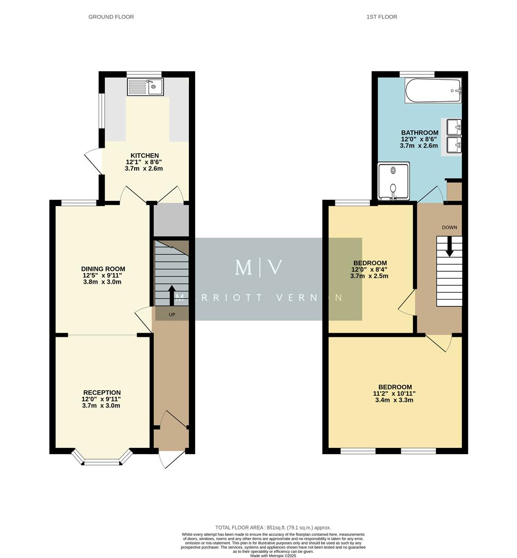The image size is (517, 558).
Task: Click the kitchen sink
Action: [x=146, y=87]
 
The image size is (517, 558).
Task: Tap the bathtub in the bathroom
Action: [x=433, y=90]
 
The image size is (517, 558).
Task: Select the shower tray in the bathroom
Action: [x=393, y=181]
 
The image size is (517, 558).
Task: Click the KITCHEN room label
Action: [x=144, y=156]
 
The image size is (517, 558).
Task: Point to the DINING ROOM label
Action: [x=103, y=269]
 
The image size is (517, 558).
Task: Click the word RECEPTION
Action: [x=101, y=393]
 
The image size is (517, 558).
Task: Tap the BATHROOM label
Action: [x=419, y=133]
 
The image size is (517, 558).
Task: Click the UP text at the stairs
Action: [x=171, y=314]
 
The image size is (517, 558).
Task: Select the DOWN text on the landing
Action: [x=449, y=227]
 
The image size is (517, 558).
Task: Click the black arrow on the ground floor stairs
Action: [x=171, y=295]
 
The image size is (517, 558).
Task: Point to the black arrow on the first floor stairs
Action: [x=449, y=246]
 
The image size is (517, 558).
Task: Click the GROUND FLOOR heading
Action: [x=111, y=17]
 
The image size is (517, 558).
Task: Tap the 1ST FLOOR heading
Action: [x=382, y=17]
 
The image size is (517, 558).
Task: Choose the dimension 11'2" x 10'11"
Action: [x=395, y=393]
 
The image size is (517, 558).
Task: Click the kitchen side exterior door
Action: [x=94, y=160]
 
